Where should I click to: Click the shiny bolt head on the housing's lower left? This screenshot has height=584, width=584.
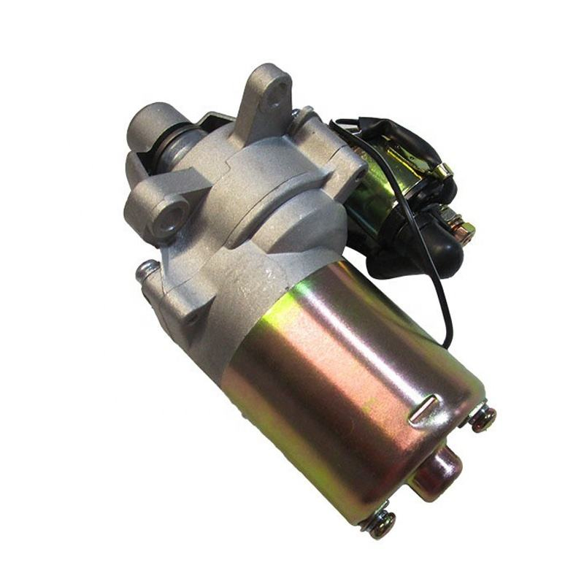pyautogui.click(x=145, y=271)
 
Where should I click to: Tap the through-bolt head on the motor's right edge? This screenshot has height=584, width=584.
pyautogui.click(x=483, y=418)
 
